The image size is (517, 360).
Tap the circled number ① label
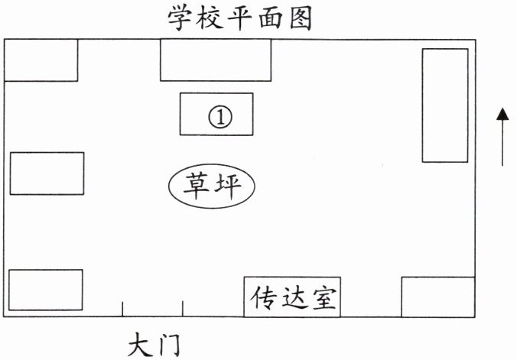(x=219, y=117)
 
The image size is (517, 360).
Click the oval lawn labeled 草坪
(x=212, y=185)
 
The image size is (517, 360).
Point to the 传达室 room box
(x=292, y=297)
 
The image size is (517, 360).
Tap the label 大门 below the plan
(x=153, y=343)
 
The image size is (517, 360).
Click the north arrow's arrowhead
(x=502, y=115)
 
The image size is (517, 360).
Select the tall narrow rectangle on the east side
(x=445, y=105)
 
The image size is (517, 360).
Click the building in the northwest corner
(x=41, y=60)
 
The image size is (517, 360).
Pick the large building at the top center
(x=216, y=60)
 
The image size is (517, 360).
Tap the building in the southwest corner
(x=45, y=289)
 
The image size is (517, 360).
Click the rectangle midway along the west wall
(x=47, y=174)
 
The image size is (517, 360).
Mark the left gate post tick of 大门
(x=122, y=308)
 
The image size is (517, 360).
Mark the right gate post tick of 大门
(x=182, y=308)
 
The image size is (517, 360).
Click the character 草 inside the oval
(x=197, y=185)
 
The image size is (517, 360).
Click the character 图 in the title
(x=300, y=18)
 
